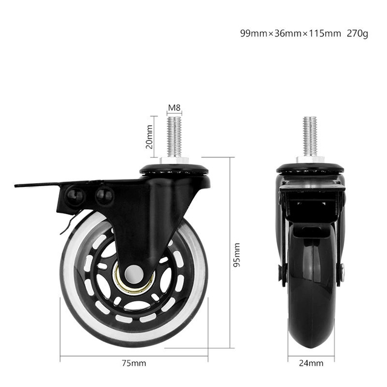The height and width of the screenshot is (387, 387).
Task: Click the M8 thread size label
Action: tap(174, 108)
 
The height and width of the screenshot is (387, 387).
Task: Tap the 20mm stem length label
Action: tap(149, 137)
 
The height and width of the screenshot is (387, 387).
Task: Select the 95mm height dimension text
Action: tap(236, 254)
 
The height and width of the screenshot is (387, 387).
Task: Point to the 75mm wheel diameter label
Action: tap(134, 363)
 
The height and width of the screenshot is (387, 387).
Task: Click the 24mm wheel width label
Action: tap(311, 363)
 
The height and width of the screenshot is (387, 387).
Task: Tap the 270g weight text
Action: tap(357, 33)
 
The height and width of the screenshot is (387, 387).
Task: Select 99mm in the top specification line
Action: tap(253, 33)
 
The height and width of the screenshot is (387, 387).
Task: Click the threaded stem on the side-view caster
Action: tap(174, 136)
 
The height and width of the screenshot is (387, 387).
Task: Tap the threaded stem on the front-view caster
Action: tap(310, 136)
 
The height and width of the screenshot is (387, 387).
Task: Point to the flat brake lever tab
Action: tap(36, 183)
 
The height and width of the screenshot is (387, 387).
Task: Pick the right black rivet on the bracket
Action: tap(104, 195)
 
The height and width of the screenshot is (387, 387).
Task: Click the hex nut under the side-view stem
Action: tap(175, 160)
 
